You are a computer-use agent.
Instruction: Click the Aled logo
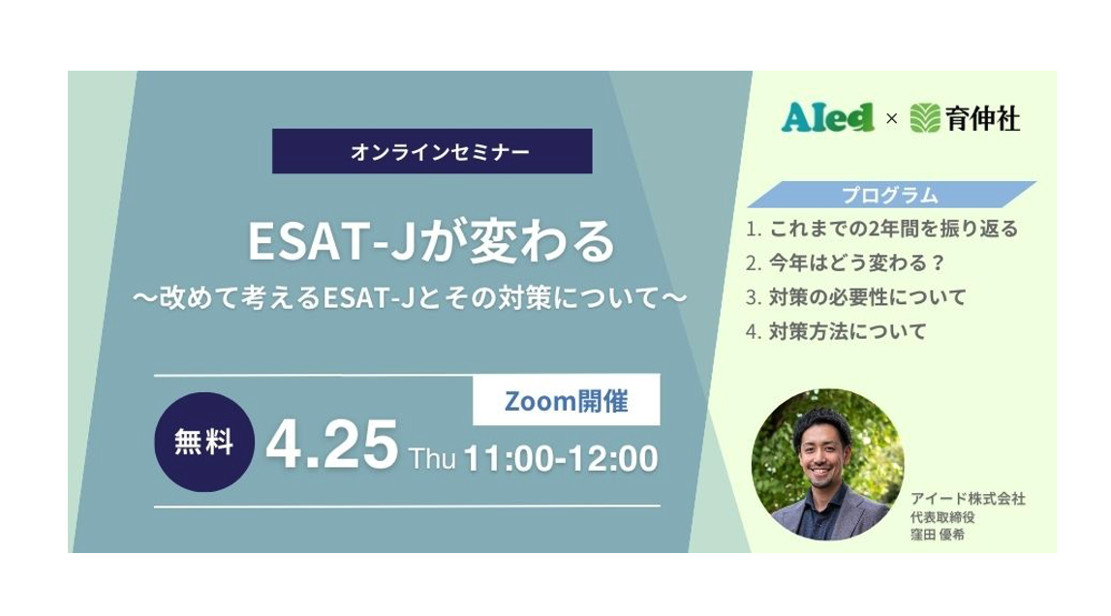point(827,118)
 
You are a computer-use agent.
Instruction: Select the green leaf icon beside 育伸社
point(925,118)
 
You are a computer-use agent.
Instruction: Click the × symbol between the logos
point(891,119)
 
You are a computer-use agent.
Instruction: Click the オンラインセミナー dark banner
point(431,151)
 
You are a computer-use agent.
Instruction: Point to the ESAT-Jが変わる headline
point(431,241)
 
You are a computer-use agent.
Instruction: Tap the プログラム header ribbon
point(890,195)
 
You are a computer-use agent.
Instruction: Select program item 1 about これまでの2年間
point(882,230)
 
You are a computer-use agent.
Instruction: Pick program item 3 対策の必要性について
point(856,297)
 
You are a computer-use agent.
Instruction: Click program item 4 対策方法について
point(837,331)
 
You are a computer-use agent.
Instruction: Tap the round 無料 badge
point(204,443)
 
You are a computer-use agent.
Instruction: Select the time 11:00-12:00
point(561,457)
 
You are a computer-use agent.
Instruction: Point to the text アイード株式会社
point(968,499)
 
